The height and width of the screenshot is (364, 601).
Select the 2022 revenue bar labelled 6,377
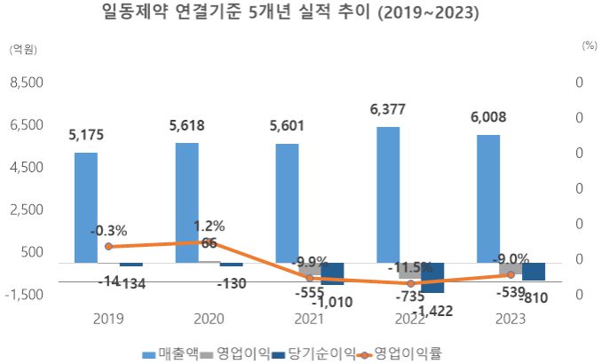388,194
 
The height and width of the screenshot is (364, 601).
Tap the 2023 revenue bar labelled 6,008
488,199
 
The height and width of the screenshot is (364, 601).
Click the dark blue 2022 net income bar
433,278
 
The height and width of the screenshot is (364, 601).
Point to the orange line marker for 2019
108,247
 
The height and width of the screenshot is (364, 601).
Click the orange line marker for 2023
511,275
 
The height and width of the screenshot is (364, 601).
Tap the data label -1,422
432,310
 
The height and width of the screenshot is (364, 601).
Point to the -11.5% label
409,266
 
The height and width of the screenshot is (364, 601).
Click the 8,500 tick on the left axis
25,83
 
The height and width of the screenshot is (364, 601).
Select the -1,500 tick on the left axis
23,294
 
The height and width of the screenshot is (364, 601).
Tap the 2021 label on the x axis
310,319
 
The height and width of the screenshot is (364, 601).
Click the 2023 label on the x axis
511,319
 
